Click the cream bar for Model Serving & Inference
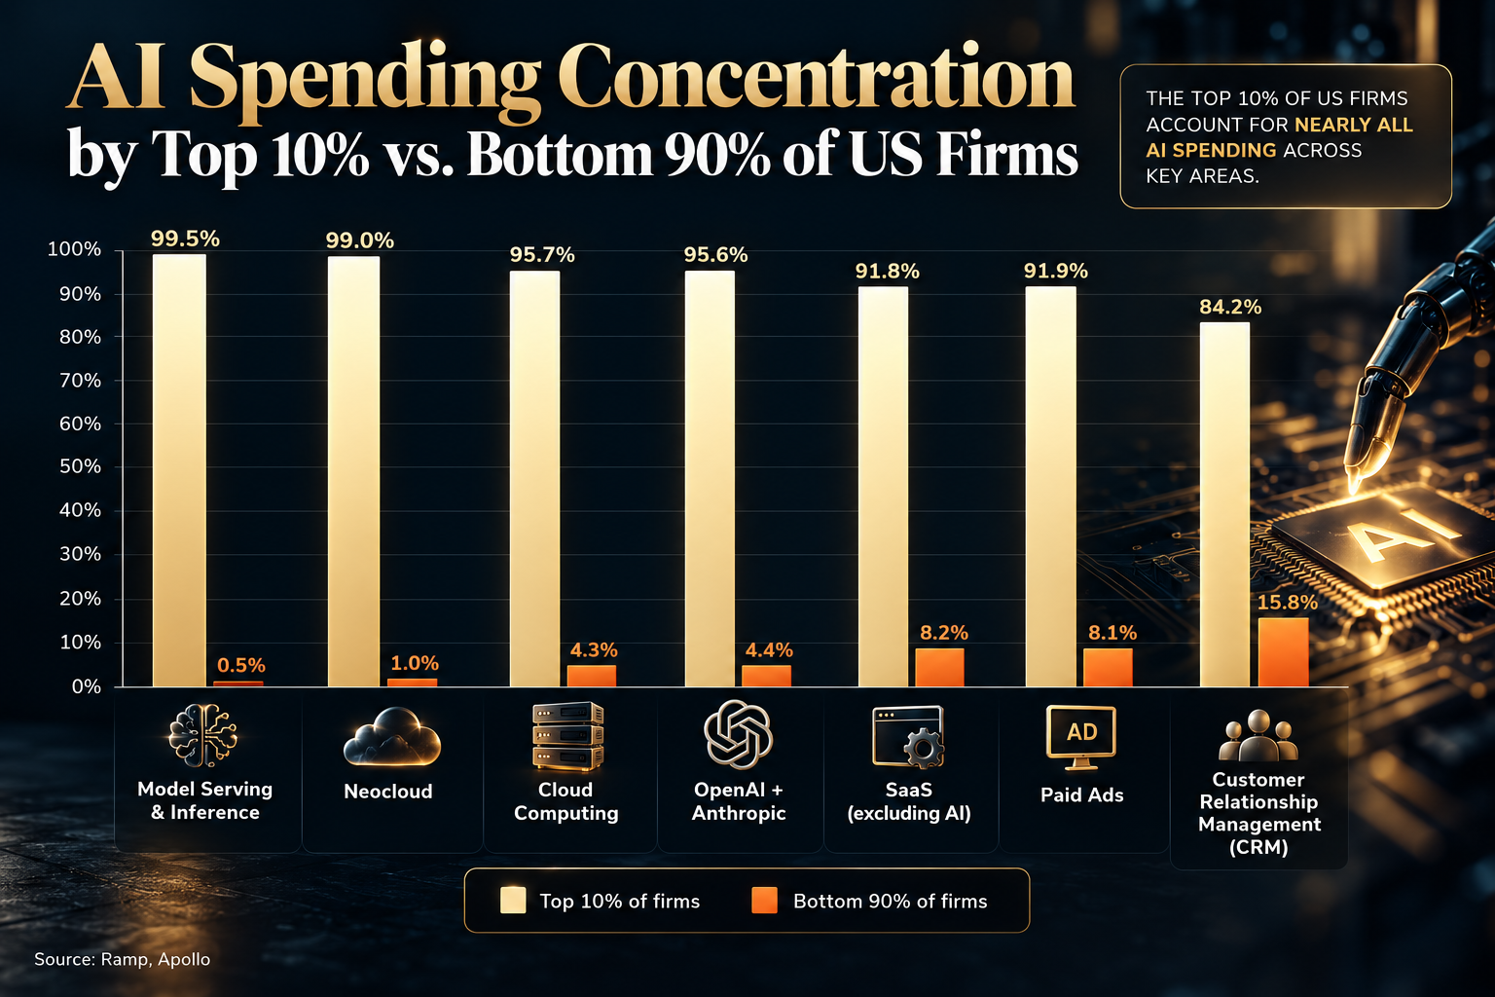click(179, 470)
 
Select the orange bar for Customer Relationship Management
click(1284, 651)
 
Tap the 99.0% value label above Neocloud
click(360, 240)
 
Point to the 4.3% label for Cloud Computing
click(594, 649)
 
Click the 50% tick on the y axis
click(80, 466)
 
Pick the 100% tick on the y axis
click(74, 250)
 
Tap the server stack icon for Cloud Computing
click(567, 735)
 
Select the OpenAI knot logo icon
click(738, 734)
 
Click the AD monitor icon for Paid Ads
click(1081, 737)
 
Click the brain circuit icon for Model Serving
click(202, 734)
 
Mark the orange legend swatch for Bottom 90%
click(764, 901)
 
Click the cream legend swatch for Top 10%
click(513, 901)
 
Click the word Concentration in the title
click(817, 79)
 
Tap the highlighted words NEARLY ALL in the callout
click(1354, 125)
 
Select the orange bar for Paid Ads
click(1108, 667)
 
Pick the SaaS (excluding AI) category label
click(908, 801)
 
